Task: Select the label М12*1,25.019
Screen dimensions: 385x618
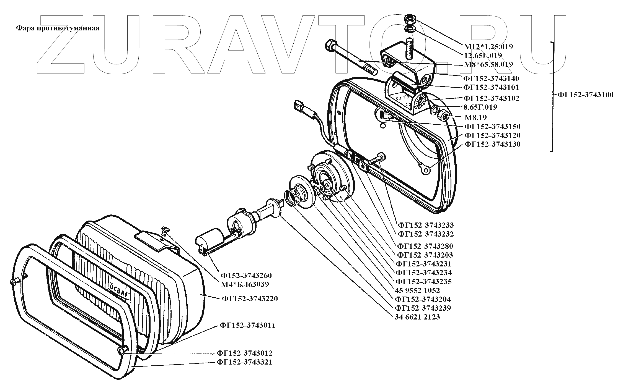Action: (x=488, y=46)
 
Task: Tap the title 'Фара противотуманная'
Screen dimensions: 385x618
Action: (x=58, y=28)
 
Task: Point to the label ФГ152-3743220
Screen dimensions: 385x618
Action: (x=250, y=299)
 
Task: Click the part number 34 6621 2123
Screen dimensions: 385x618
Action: (x=417, y=317)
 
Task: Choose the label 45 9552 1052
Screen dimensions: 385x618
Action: (x=417, y=290)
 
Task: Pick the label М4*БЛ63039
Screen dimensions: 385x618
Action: (x=245, y=284)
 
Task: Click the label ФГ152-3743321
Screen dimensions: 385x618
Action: (x=245, y=362)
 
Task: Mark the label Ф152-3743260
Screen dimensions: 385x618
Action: (x=246, y=275)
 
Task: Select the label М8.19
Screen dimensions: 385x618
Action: (x=475, y=117)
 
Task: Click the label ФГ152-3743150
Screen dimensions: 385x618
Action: (x=492, y=127)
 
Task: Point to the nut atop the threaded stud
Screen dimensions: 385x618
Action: (x=409, y=20)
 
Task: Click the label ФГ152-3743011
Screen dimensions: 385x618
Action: (x=248, y=325)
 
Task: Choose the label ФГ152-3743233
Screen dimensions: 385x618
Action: (x=426, y=225)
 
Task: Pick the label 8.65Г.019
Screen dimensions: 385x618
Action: (x=480, y=107)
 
